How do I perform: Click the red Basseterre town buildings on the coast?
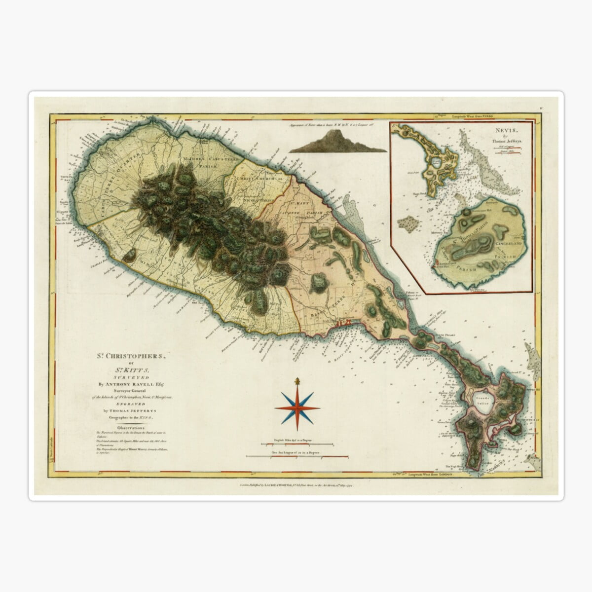[x=342, y=323]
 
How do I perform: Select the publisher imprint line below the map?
[x=296, y=485]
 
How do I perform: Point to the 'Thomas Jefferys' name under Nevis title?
[x=504, y=140]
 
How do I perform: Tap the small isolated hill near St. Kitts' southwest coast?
[x=129, y=255]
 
